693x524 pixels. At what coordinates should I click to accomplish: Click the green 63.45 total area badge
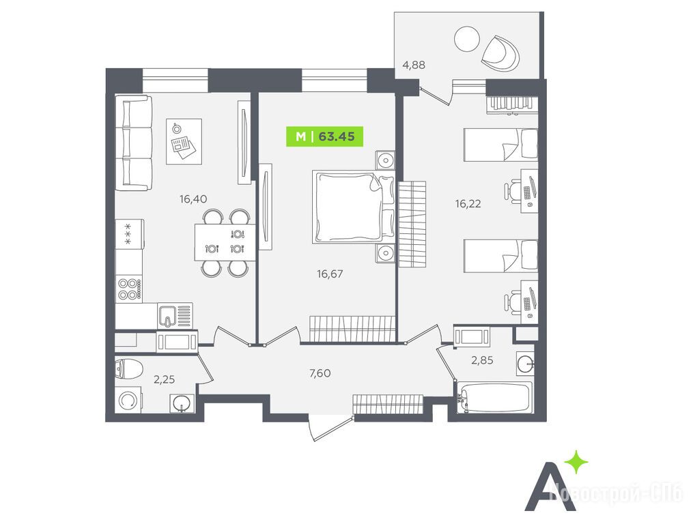click(324, 136)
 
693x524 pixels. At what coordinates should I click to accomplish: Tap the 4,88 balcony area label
click(414, 65)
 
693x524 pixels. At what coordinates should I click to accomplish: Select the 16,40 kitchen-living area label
click(193, 199)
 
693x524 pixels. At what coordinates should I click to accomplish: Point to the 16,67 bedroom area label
click(330, 274)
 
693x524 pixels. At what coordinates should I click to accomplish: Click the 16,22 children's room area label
click(468, 204)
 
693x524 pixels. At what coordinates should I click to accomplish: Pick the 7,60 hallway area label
click(320, 373)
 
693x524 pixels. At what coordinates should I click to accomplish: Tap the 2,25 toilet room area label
click(164, 379)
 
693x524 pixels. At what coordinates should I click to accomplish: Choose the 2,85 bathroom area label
click(482, 360)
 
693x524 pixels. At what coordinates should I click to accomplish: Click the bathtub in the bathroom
click(494, 398)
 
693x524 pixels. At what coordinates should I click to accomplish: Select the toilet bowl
click(128, 369)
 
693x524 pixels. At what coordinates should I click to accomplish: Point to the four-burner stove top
click(129, 289)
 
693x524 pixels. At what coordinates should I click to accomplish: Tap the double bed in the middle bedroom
click(353, 207)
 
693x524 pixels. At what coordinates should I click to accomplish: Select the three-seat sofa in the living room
click(134, 143)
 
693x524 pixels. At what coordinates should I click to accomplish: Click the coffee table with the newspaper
click(184, 141)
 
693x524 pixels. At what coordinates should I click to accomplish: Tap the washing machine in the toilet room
click(128, 401)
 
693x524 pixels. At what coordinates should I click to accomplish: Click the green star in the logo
click(576, 463)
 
